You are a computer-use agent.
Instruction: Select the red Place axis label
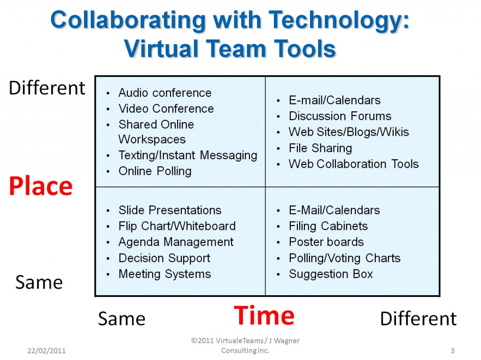point(40,186)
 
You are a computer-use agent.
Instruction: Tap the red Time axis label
point(264,315)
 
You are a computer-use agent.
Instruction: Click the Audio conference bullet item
point(165,93)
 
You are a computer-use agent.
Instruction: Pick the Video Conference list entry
point(166,109)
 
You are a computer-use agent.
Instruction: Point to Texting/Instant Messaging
point(188,155)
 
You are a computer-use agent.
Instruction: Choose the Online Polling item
point(155,171)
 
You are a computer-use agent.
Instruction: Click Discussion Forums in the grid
point(340,116)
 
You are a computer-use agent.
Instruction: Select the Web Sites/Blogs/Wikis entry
point(349,132)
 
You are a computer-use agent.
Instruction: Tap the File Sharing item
point(320,148)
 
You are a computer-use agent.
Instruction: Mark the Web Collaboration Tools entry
point(354,164)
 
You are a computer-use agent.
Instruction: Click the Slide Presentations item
point(170,210)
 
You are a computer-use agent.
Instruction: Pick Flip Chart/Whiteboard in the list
point(177,227)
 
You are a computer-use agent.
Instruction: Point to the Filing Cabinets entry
point(328,227)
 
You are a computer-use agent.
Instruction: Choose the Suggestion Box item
point(331,274)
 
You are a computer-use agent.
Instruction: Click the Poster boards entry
point(326,242)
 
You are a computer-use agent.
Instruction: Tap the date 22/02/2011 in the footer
point(47,351)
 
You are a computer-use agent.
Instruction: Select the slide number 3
point(452,351)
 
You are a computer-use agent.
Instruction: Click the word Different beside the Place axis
point(47,88)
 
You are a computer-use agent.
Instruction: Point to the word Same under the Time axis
point(122,319)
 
